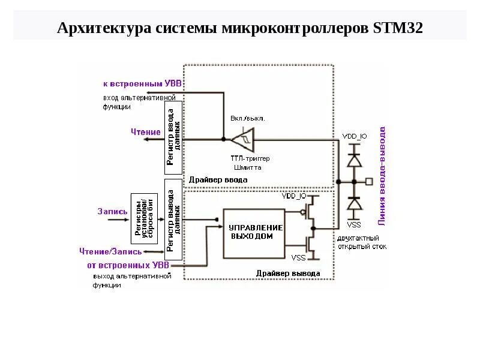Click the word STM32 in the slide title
[x=398, y=28]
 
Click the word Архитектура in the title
[x=101, y=28]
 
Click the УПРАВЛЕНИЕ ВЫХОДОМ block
[x=254, y=232]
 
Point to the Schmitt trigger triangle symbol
[x=244, y=139]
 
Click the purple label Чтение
[x=146, y=132]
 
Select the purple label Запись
[x=112, y=211]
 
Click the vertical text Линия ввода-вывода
[x=382, y=175]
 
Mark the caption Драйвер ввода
[x=218, y=179]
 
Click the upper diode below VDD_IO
[x=355, y=161]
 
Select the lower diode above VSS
[x=355, y=204]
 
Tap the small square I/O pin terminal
[x=369, y=181]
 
